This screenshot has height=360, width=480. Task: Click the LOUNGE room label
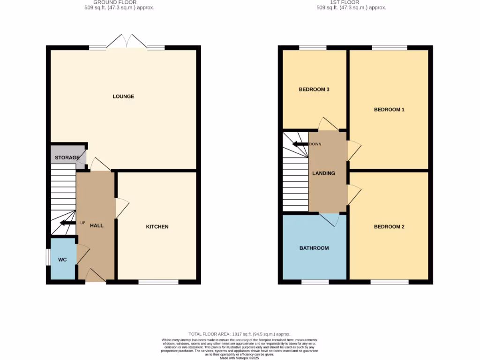(x=123, y=97)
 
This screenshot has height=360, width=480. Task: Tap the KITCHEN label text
(x=157, y=227)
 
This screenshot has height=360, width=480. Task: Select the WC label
(x=62, y=259)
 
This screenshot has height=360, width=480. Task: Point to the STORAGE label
(x=67, y=158)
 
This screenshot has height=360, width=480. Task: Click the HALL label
(x=97, y=225)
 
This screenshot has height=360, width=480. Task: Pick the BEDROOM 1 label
(x=389, y=110)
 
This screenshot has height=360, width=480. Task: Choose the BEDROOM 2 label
(x=389, y=227)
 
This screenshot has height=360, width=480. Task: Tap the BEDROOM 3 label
(x=314, y=90)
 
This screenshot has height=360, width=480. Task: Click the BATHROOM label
(x=314, y=248)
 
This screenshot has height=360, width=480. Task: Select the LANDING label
(x=324, y=173)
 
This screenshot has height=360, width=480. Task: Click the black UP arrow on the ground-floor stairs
(x=67, y=223)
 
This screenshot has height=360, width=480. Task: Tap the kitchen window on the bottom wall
(x=158, y=282)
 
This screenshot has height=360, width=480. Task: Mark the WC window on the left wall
(x=48, y=257)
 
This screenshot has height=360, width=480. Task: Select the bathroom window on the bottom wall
(x=315, y=282)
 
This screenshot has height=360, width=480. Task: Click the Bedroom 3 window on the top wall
(x=313, y=47)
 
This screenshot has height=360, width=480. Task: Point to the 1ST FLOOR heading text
(x=345, y=2)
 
